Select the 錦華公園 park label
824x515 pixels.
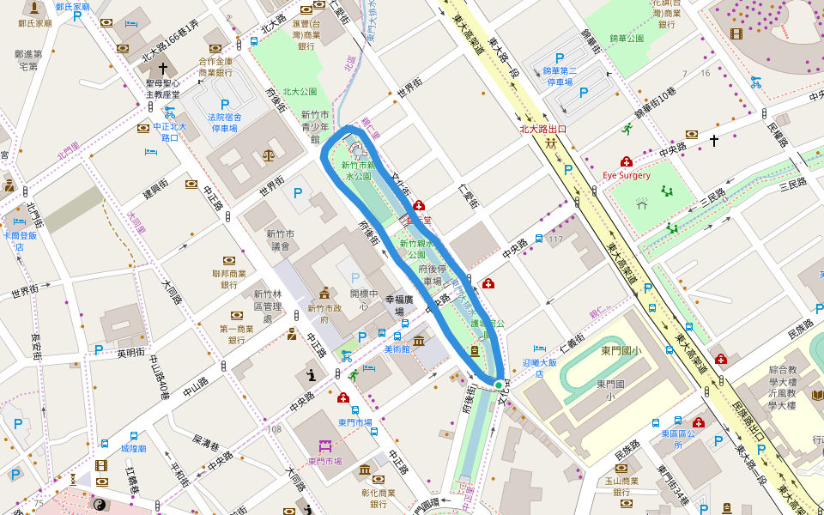[627, 39]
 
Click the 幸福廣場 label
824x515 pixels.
[400, 306]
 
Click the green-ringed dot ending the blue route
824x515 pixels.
[499, 385]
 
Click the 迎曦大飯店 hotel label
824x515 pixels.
[539, 367]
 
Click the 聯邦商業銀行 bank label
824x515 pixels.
[228, 279]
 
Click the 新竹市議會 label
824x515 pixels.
[281, 239]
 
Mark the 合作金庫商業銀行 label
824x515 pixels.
[215, 67]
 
